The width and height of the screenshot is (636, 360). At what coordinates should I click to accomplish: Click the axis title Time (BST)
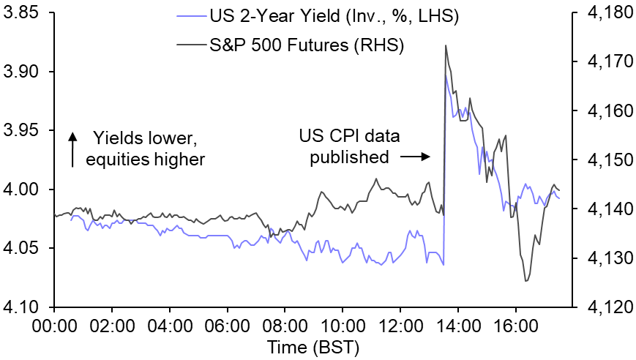click(312, 346)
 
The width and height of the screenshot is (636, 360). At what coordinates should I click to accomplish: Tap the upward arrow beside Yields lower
click(72, 149)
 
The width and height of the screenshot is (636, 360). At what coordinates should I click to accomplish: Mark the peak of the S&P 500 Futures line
click(446, 45)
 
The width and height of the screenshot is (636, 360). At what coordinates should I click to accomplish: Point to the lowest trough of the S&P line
click(526, 281)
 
